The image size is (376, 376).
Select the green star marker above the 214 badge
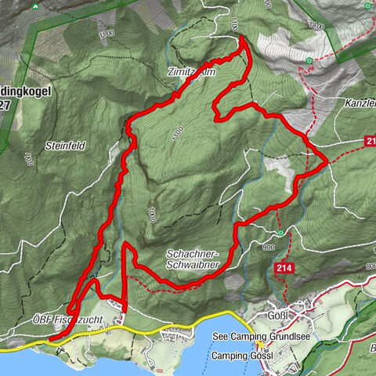[280, 232]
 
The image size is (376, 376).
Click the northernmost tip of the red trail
[241, 38]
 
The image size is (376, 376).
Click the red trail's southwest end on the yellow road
[50, 338]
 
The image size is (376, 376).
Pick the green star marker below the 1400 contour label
[311, 60]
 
